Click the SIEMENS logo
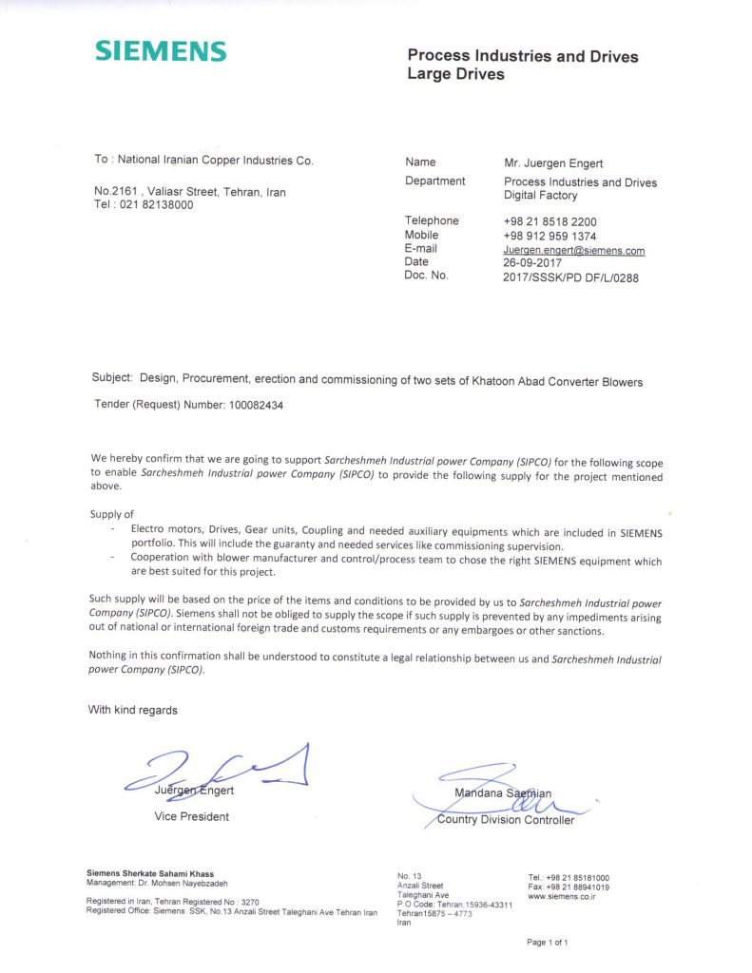[161, 51]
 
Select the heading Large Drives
[456, 74]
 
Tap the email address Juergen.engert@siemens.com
[574, 251]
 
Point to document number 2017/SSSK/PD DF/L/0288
[570, 277]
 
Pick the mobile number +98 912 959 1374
[550, 236]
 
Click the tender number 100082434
[256, 405]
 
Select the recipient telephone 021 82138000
[157, 204]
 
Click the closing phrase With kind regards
[132, 710]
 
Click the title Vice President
[191, 816]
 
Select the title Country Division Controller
[505, 820]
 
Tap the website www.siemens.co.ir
[561, 896]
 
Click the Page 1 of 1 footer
[547, 943]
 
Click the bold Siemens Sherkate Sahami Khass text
[157, 872]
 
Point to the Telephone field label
[432, 220]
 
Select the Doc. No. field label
[426, 276]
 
